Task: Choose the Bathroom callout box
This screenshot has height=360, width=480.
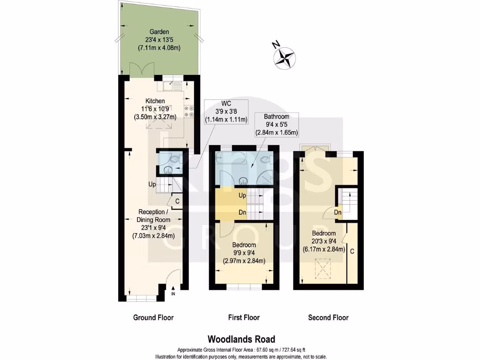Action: click(276, 124)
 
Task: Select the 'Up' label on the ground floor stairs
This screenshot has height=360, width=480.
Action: click(152, 184)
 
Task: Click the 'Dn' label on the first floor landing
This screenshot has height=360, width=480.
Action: click(243, 212)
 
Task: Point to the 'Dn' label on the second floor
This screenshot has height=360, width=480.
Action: click(337, 212)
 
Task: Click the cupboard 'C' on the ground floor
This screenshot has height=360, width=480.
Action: click(177, 202)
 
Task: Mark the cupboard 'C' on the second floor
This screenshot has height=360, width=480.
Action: click(352, 251)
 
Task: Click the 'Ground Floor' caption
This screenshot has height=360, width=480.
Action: click(153, 317)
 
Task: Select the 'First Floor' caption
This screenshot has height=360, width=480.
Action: click(243, 317)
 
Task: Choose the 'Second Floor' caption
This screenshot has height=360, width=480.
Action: click(328, 317)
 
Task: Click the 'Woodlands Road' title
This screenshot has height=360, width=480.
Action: click(241, 339)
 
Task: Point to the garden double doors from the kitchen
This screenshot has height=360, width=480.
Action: click(140, 70)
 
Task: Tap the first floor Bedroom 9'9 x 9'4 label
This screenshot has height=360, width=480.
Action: click(244, 253)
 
